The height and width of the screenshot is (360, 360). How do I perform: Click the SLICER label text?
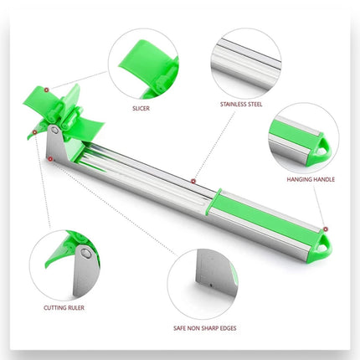pyautogui.click(x=141, y=108)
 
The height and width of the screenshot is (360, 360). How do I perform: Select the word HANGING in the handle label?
pyautogui.click(x=298, y=179)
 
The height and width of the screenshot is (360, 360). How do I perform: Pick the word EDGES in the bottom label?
pyautogui.click(x=228, y=328)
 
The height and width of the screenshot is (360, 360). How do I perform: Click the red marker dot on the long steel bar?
pyautogui.click(x=193, y=182)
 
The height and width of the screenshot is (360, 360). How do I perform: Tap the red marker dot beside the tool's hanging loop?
pyautogui.click(x=326, y=229)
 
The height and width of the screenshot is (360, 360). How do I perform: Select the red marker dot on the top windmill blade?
pyautogui.click(x=47, y=90)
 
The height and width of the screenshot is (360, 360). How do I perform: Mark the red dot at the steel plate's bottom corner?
pyautogui.click(x=50, y=159)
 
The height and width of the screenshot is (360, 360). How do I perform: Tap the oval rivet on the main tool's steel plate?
pyautogui.click(x=55, y=130)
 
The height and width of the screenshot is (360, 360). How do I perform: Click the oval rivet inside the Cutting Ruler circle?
pyautogui.click(x=86, y=254)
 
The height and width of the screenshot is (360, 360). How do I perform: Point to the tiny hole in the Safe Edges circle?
pyautogui.click(x=211, y=285)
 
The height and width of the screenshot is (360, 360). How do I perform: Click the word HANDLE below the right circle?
pyautogui.click(x=323, y=179)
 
